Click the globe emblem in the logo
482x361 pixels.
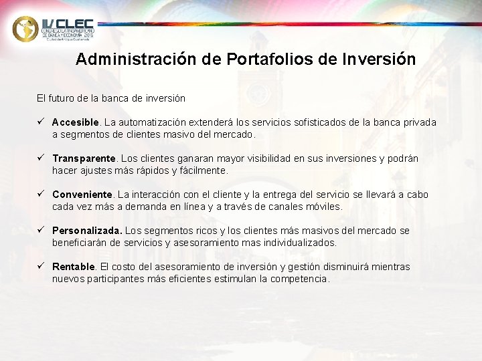pyautogui.click(x=25, y=28)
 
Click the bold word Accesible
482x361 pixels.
pyautogui.click(x=76, y=122)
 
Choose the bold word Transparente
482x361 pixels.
pyautogui.click(x=84, y=158)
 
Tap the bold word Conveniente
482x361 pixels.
pyautogui.click(x=82, y=195)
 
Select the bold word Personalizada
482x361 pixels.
pyautogui.click(x=87, y=231)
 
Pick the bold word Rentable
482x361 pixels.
pyautogui.click(x=74, y=267)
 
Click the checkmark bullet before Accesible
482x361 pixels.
pyautogui.click(x=41, y=122)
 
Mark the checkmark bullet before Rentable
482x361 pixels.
pyautogui.click(x=41, y=267)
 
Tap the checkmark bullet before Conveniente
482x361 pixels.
pyautogui.click(x=41, y=195)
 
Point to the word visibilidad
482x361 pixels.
pyautogui.click(x=266, y=158)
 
